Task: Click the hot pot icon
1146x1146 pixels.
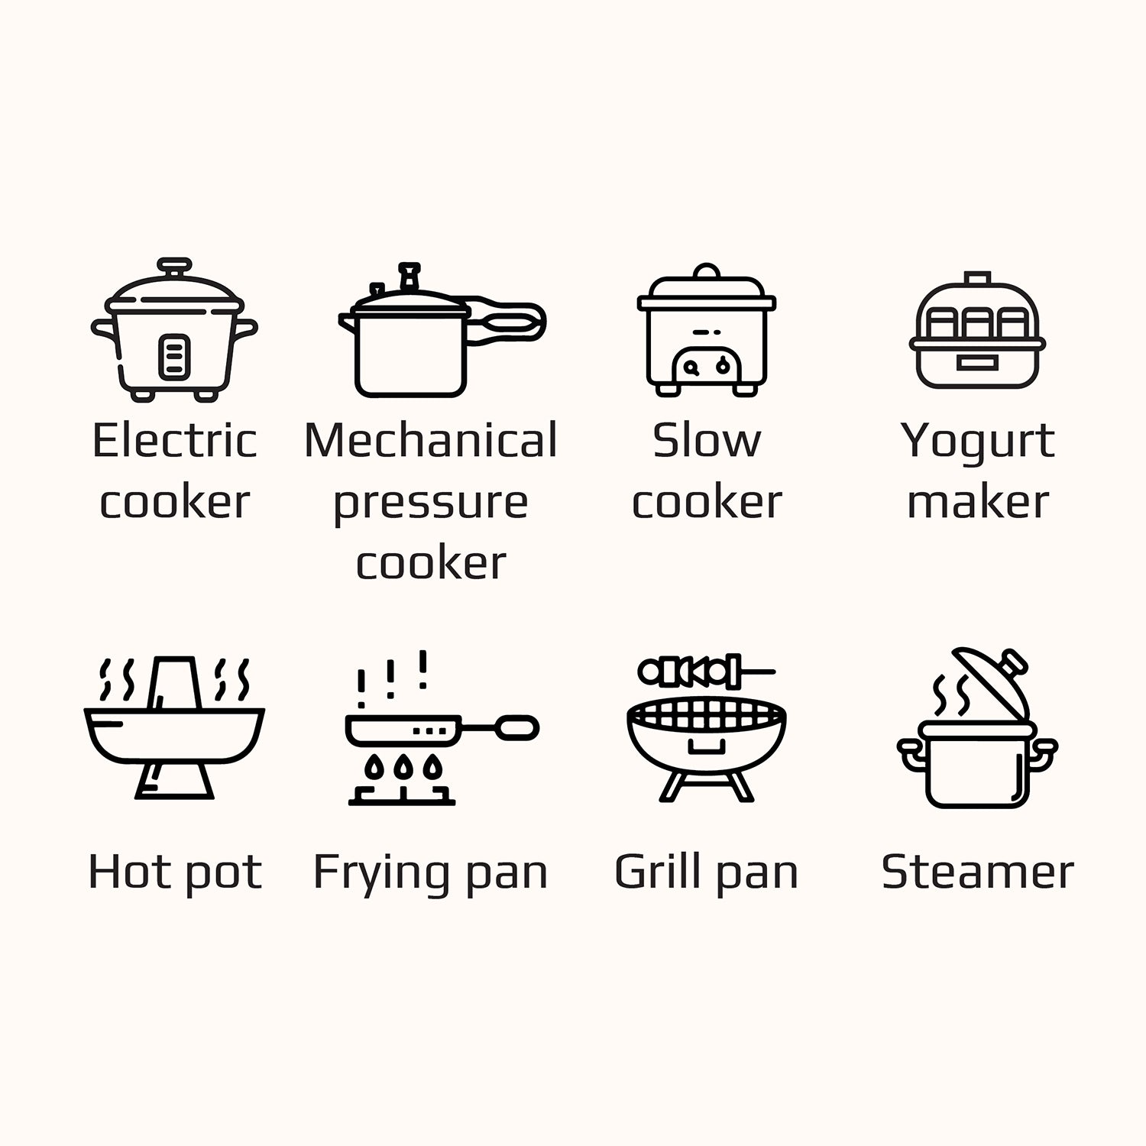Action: tap(174, 730)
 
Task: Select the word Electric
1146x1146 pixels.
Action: tap(174, 441)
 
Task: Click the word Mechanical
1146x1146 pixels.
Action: tap(431, 441)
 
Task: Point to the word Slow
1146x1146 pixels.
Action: tap(707, 441)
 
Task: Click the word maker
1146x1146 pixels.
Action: tap(977, 502)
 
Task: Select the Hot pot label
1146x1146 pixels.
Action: tap(175, 872)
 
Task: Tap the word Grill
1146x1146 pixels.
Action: tap(657, 872)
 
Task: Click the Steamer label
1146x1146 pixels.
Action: tap(977, 872)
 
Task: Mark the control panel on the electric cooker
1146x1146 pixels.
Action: tap(174, 357)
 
